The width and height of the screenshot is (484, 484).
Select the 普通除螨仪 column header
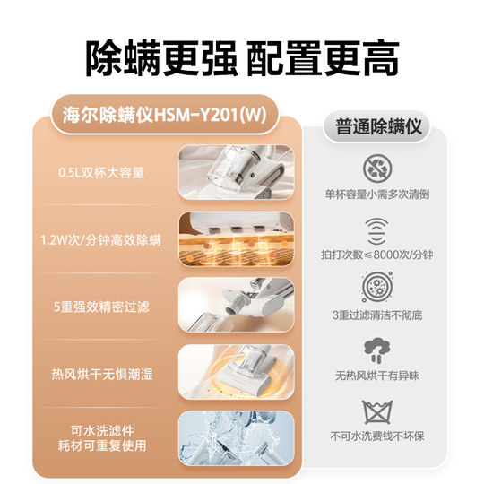coord(376,126)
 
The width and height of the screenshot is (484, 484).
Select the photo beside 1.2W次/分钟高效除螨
coord(235,238)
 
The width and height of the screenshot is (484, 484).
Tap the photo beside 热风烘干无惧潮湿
coord(235,371)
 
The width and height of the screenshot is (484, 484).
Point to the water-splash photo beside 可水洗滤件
coord(235,436)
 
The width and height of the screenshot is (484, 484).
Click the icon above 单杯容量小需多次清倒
coord(376,169)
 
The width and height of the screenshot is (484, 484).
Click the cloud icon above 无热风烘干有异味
coord(376,350)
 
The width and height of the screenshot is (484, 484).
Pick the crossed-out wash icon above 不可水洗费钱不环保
coord(376,411)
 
